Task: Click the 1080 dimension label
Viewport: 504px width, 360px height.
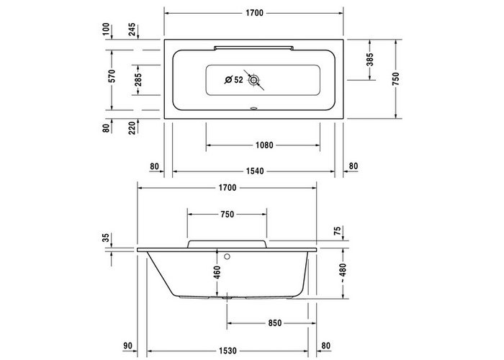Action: point(264,145)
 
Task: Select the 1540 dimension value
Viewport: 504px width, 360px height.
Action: point(255,171)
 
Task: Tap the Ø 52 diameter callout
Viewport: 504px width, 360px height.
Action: point(234,80)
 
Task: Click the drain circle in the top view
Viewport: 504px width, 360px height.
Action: point(254,80)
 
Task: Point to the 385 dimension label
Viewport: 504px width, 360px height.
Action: point(370,60)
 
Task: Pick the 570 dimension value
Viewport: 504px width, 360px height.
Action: point(112,76)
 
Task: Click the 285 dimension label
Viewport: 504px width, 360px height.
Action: point(138,80)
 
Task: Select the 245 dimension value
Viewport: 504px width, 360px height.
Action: point(132,30)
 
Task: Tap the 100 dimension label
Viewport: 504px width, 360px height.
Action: point(106,30)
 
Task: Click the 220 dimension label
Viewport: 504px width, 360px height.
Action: point(132,127)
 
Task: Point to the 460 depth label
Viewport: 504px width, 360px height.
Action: point(217,272)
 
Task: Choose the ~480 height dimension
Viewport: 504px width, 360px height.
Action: point(343,273)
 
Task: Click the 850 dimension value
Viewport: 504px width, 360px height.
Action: point(275,323)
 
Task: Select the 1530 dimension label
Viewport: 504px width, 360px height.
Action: point(228,351)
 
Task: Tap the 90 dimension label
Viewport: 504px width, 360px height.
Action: point(127,346)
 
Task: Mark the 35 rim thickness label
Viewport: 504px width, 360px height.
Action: point(106,238)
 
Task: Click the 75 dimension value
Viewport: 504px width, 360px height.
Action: point(337,231)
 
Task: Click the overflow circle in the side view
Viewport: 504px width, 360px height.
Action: point(228,256)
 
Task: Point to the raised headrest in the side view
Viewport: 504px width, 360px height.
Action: point(227,244)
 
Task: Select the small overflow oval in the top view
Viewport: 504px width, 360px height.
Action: point(254,108)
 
